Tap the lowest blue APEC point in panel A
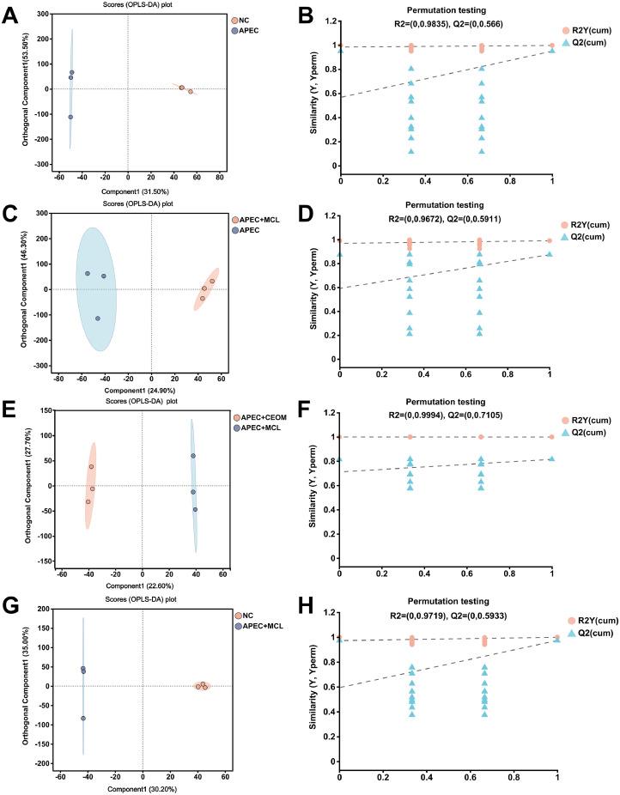coord(70,117)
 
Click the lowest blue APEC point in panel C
coord(98,319)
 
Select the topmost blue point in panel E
coord(193,456)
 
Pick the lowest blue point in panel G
coord(83,719)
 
